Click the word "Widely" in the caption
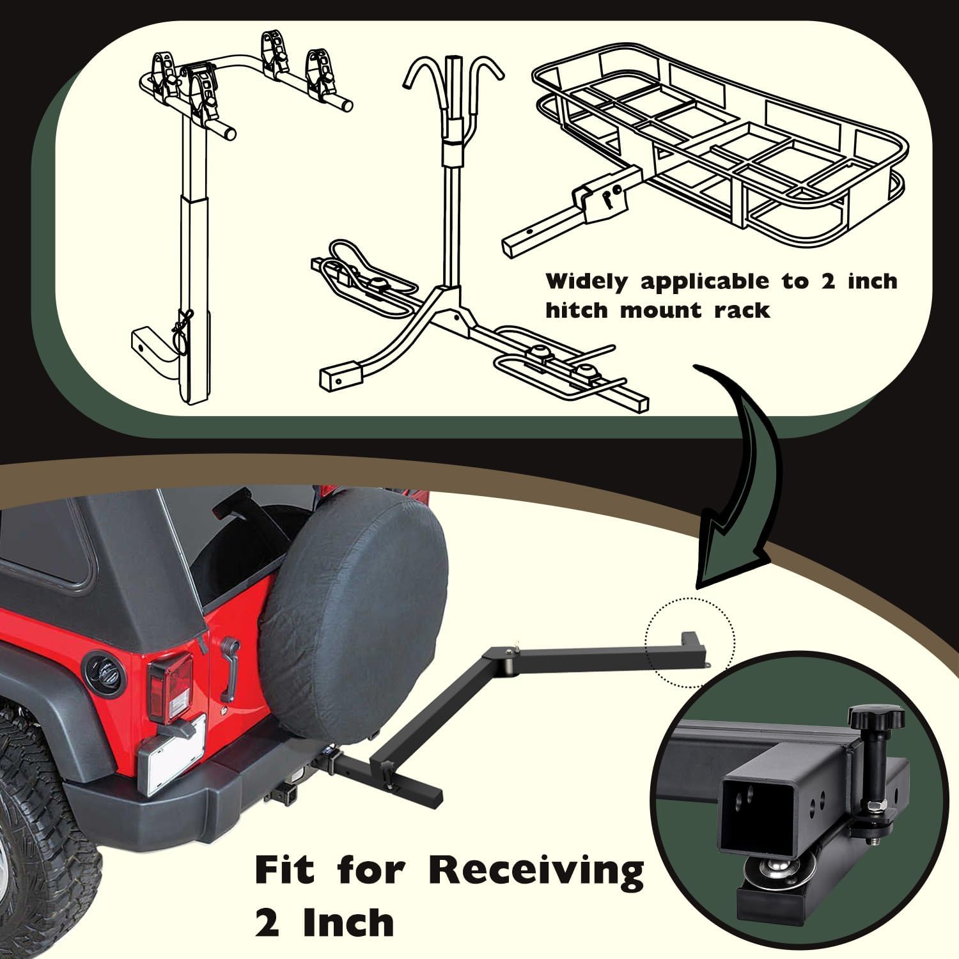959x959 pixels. [587, 282]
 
